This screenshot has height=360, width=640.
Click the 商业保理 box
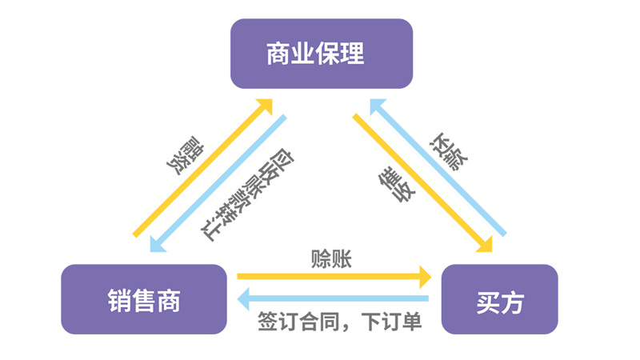tap(321, 54)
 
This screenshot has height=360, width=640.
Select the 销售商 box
tap(144, 299)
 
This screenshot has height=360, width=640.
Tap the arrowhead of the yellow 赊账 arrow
tap(424, 277)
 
